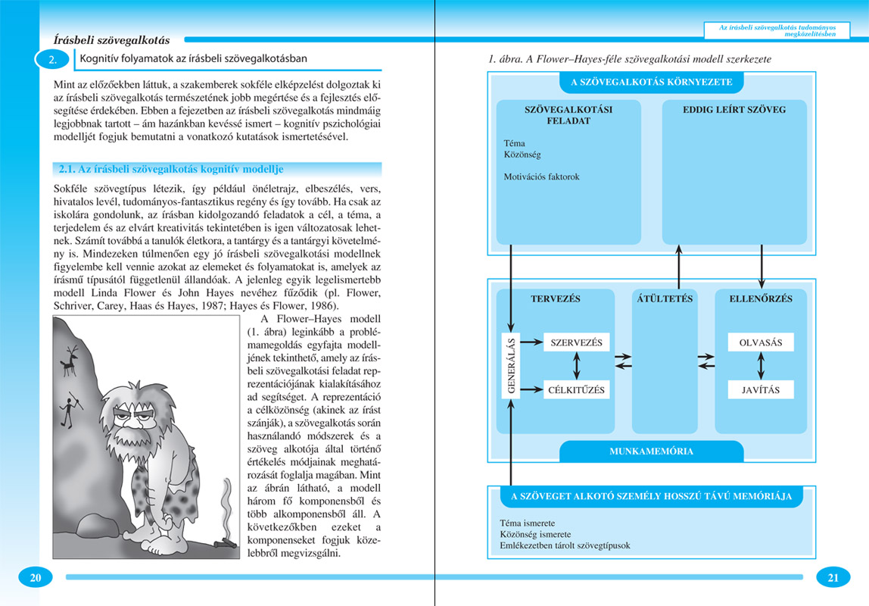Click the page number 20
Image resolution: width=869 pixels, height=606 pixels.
[x=35, y=578]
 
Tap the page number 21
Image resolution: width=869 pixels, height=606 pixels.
[x=833, y=578]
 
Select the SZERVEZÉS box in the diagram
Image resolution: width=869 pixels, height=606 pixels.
[x=577, y=342]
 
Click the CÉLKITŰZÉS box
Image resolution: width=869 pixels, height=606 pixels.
[x=577, y=390]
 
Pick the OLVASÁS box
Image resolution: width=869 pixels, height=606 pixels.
[x=761, y=342]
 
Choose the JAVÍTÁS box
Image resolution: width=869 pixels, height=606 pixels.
[x=761, y=390]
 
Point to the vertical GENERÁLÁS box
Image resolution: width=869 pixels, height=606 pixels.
[x=512, y=367]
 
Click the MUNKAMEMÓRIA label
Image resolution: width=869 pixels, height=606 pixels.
[x=651, y=451]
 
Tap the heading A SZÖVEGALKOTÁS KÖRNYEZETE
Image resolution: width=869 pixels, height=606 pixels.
[x=651, y=82]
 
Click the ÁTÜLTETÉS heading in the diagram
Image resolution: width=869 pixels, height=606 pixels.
[x=665, y=298]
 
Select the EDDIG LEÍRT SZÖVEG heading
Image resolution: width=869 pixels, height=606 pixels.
[x=724, y=109]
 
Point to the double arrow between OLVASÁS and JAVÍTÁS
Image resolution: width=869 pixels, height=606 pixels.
[x=761, y=366]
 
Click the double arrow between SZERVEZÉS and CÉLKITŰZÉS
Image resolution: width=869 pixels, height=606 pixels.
[x=577, y=366]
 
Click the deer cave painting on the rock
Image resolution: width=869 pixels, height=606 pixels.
[x=70, y=360]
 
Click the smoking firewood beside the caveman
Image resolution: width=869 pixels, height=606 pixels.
[x=223, y=541]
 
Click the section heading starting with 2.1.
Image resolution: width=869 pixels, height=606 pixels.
[x=171, y=169]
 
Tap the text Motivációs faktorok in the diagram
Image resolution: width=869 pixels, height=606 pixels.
[x=541, y=176]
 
